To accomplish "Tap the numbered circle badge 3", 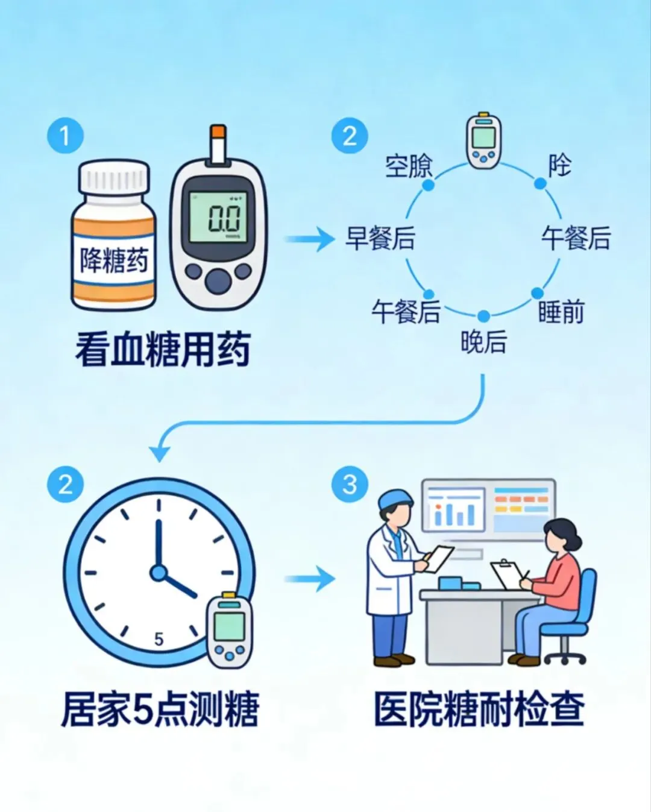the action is (350, 484).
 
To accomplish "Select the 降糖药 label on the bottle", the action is (114, 260).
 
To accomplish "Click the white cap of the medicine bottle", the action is (115, 177).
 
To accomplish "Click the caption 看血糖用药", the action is (163, 350).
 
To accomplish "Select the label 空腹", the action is (409, 166).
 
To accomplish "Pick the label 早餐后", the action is (380, 238).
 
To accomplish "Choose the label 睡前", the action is (561, 312).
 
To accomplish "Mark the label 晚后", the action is (483, 342).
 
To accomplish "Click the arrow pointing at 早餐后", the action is (310, 239).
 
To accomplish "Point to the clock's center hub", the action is (159, 572).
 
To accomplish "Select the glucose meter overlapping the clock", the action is (230, 629).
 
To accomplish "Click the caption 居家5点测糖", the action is (160, 709).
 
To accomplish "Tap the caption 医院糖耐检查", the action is (479, 709).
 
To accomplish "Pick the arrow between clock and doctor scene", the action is (310, 579).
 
